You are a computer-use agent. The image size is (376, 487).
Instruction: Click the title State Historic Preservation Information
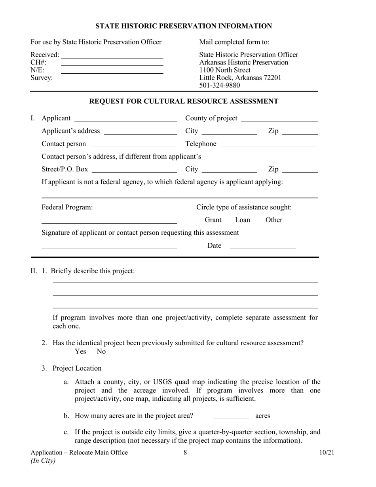[183, 26]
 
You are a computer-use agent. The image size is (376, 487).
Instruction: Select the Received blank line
[112, 55]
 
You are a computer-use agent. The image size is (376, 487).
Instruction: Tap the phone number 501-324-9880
[219, 85]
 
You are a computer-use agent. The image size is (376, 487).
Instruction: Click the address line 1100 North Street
[225, 70]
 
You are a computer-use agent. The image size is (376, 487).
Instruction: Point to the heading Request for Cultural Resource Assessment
[184, 101]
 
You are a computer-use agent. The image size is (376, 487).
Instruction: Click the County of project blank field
[279, 119]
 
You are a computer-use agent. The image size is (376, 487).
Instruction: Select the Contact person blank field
[133, 144]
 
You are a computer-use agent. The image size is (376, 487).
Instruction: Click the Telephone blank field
[269, 144]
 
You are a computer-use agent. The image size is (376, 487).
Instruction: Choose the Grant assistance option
[213, 220]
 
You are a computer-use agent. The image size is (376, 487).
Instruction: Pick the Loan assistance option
[243, 220]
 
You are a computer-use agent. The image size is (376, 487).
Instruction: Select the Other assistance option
[273, 220]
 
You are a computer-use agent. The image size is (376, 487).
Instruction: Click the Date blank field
[262, 246]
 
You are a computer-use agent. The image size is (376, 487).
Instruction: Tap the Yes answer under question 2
[80, 352]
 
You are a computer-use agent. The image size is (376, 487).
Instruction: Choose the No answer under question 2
[101, 352]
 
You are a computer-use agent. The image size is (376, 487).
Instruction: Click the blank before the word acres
[230, 416]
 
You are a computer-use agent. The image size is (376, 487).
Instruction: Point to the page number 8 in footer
[185, 453]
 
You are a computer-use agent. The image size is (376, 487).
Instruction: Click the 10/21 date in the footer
[327, 453]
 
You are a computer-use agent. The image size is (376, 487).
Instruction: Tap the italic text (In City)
[43, 460]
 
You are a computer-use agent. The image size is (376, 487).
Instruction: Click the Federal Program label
[67, 207]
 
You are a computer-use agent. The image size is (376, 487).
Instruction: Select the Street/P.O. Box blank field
[134, 170]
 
